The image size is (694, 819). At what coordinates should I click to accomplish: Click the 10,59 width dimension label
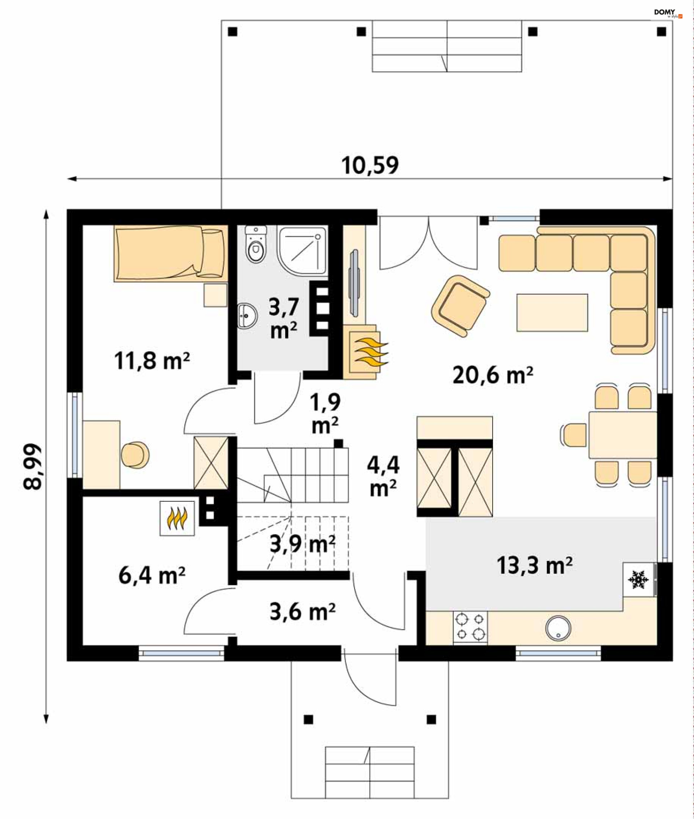(370, 165)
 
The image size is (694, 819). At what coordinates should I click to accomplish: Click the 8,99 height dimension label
(32, 467)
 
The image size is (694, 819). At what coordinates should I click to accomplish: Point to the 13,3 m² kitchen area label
(534, 565)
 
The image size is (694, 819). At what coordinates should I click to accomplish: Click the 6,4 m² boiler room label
(152, 576)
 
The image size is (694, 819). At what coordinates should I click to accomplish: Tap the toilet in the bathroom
(256, 244)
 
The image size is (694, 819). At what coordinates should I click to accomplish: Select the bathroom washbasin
(247, 315)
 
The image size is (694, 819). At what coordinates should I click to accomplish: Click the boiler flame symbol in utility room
(177, 518)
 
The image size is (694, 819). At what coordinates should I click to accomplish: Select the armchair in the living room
(460, 306)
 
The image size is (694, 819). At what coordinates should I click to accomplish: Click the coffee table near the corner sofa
(552, 313)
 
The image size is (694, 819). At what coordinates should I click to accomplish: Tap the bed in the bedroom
(171, 253)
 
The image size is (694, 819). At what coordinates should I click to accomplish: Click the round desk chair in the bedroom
(135, 455)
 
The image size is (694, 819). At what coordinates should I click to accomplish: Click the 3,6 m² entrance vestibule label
(302, 612)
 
